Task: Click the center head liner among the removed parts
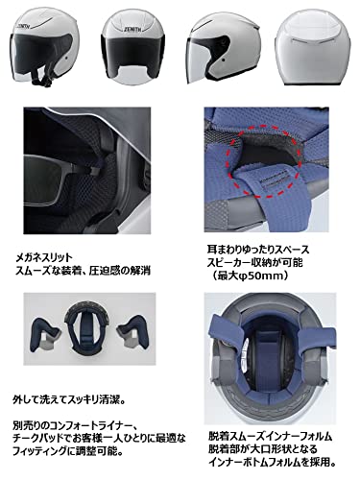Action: click(x=87, y=335)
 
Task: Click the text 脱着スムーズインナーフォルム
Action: click(x=274, y=420)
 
